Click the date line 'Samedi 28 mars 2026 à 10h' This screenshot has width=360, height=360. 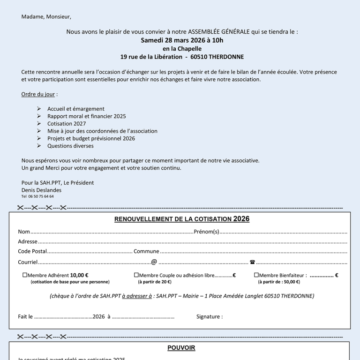(x=182, y=40)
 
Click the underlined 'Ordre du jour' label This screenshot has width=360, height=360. (x=38, y=94)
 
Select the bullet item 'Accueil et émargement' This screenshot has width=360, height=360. (x=75, y=109)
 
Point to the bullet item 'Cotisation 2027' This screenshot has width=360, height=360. (x=67, y=124)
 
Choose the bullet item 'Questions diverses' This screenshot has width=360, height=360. (x=70, y=146)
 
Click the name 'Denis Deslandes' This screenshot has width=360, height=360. (x=41, y=190)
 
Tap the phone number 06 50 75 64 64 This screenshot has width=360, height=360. (x=41, y=196)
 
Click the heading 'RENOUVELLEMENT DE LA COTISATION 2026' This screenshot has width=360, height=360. (x=182, y=219)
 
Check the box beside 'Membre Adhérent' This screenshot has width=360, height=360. (x=25, y=275)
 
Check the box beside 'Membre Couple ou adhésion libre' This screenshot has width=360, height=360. (x=136, y=275)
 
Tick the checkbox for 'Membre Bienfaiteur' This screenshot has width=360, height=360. (x=256, y=275)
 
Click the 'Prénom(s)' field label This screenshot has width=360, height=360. (x=206, y=232)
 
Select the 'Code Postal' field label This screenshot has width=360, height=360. (x=32, y=251)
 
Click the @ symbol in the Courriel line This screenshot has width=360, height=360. (x=154, y=262)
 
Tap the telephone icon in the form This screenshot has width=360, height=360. (x=252, y=262)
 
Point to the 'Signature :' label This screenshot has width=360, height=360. (x=210, y=316)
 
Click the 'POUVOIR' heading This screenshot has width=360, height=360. (x=181, y=348)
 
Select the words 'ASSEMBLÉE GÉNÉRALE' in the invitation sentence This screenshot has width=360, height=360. (x=212, y=32)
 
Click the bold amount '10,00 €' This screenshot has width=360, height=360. (x=79, y=275)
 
